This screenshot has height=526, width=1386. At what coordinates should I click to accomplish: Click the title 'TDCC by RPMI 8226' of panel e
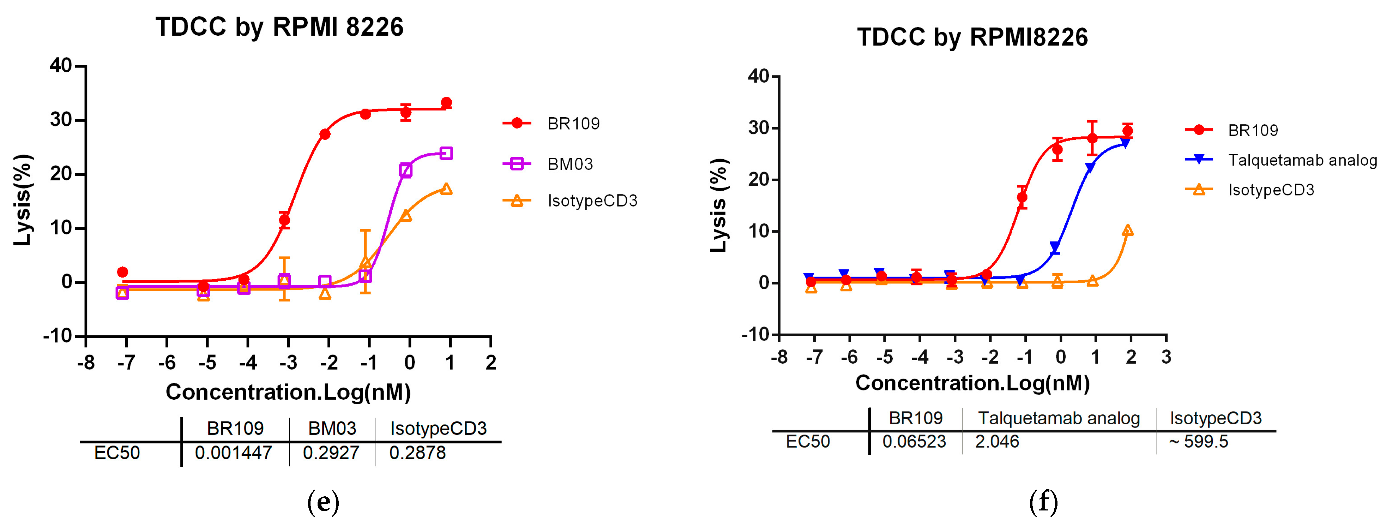pos(279,27)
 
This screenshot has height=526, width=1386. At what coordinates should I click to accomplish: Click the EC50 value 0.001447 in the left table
pos(234,453)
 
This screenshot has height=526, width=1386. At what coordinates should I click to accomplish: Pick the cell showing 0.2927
pos(331,453)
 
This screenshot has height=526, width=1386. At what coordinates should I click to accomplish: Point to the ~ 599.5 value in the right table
pos(1198,442)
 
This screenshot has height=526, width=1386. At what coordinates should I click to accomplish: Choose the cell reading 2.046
pos(997,442)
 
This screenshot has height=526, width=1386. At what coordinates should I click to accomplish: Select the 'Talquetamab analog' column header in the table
pos(1058,418)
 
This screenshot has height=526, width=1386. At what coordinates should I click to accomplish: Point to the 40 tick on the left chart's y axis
pos(61,66)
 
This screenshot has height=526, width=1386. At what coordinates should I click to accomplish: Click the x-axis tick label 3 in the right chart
pos(1166,357)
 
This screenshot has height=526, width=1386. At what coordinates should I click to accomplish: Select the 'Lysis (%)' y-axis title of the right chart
pos(719,205)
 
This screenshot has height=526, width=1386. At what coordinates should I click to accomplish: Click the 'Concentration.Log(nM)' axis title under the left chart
pos(288,392)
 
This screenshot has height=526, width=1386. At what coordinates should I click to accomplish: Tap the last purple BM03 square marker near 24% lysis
pos(446,154)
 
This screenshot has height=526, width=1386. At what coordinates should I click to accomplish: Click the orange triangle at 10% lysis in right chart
pos(1128,231)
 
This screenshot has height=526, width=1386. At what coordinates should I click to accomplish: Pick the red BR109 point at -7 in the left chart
pos(123,272)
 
